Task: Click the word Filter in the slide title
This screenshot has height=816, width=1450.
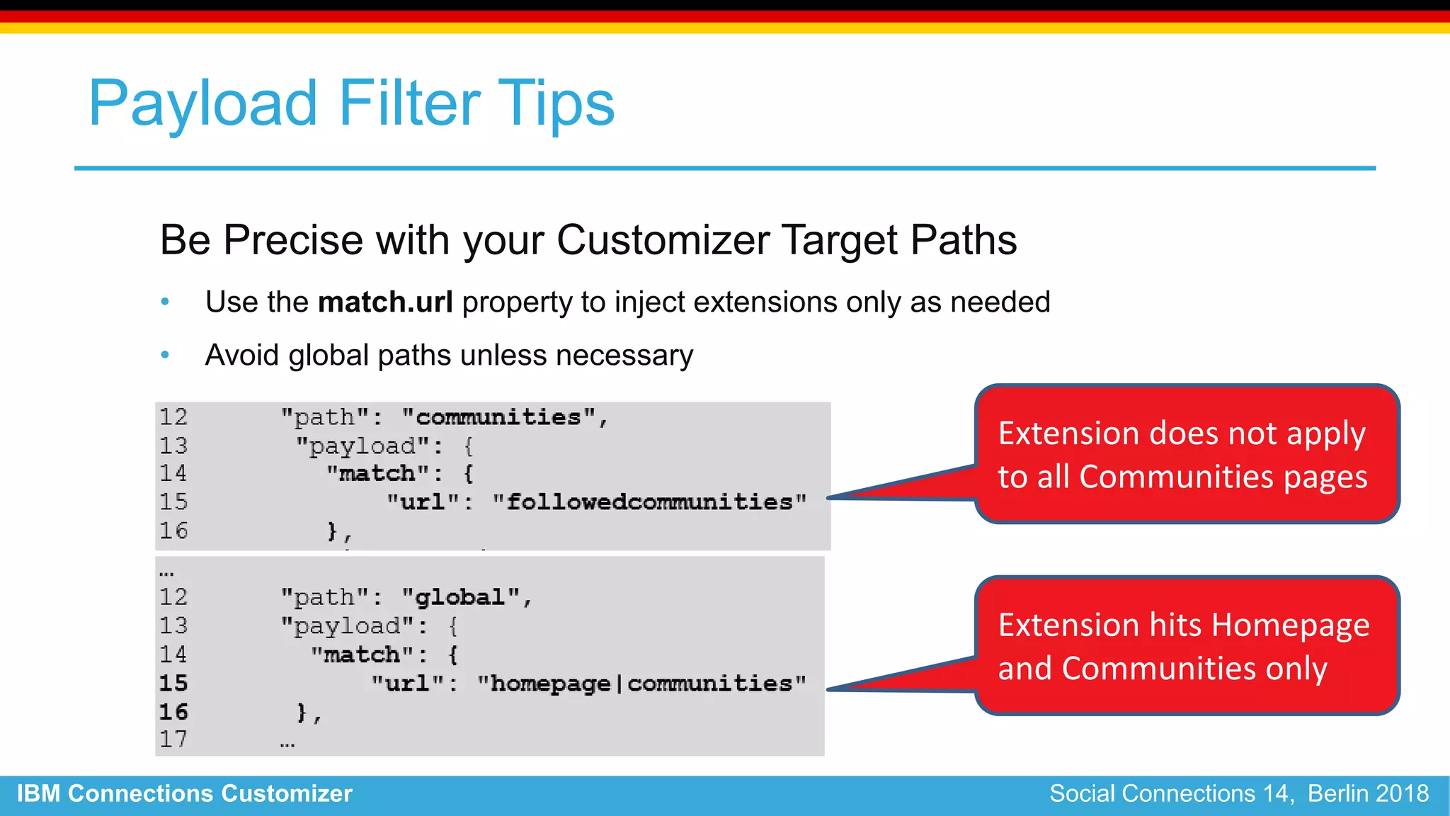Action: [x=410, y=103]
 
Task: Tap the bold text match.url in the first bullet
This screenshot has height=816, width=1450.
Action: [x=385, y=302]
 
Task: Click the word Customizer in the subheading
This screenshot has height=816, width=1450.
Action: [x=663, y=240]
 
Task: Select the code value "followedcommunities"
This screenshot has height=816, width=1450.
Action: [x=649, y=502]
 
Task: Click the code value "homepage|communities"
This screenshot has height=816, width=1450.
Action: [x=641, y=684]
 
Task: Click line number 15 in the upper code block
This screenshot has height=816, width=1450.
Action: [x=173, y=502]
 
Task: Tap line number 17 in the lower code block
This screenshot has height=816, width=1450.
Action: [x=173, y=739]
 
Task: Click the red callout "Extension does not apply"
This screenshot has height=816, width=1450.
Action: [x=1186, y=454]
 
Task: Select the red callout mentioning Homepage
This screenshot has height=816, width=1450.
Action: [x=1186, y=645]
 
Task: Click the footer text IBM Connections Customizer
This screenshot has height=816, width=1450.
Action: [x=184, y=794]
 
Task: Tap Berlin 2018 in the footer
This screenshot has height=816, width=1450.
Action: [x=1368, y=794]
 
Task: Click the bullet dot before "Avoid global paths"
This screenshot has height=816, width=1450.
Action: [x=165, y=355]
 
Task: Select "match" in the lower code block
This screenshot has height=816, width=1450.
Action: [x=361, y=654]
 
